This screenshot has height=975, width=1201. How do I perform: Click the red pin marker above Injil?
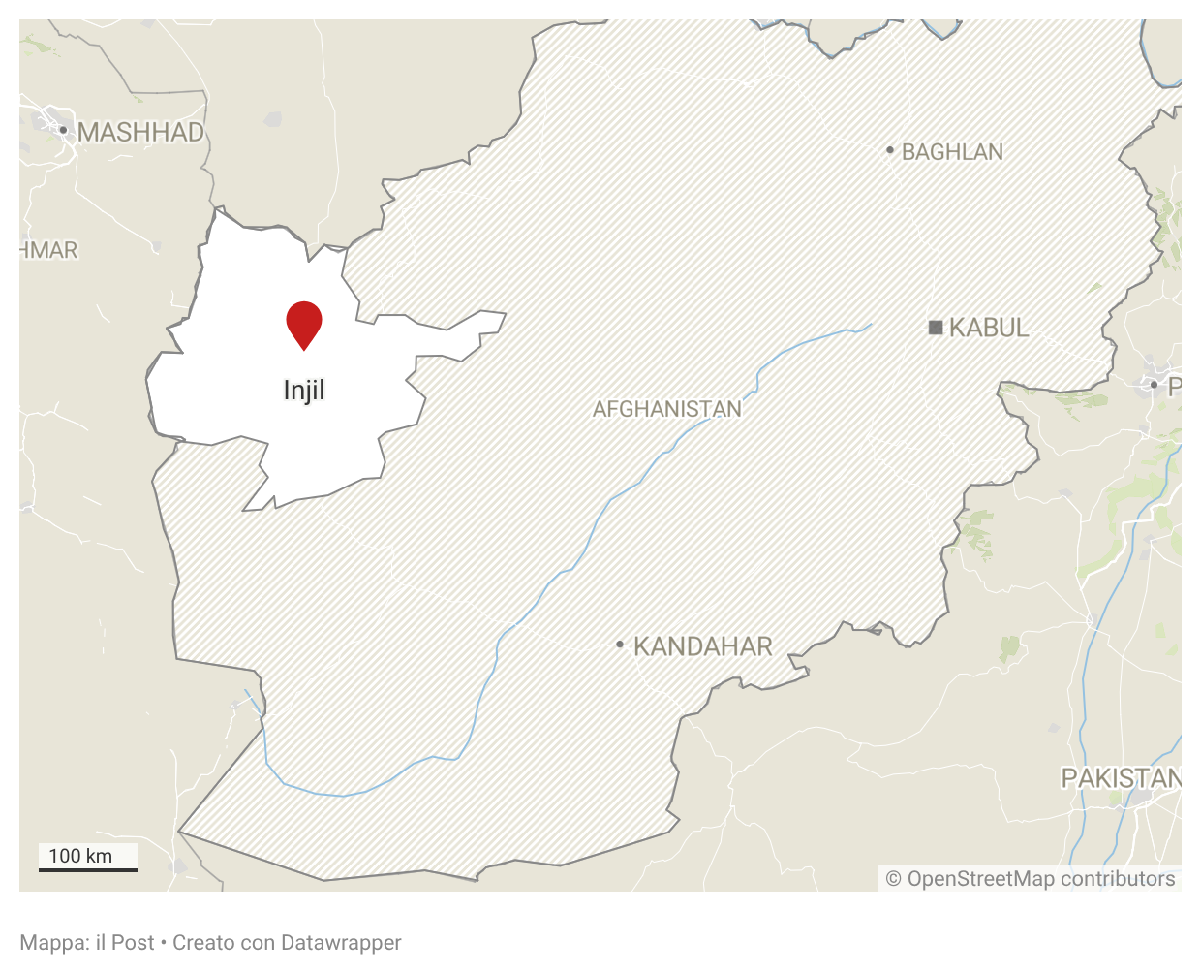[x=304, y=322]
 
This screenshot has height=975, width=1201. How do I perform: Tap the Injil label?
[x=304, y=391]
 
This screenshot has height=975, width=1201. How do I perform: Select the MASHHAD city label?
[x=141, y=133]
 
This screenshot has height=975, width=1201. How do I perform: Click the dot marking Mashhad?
[x=63, y=130]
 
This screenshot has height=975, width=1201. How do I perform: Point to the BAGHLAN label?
[x=952, y=152]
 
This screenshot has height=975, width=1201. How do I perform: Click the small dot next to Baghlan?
[x=890, y=150]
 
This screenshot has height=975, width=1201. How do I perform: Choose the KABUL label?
[x=988, y=328]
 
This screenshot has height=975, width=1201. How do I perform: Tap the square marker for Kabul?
[x=936, y=328]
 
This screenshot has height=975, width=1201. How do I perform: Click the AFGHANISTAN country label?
[x=666, y=409]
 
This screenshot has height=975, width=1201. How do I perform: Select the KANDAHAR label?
[x=702, y=646]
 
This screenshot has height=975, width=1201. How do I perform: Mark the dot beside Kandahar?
[x=620, y=645]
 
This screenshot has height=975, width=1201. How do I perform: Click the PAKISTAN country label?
[x=1121, y=778]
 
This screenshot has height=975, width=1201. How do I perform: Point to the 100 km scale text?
[x=80, y=856]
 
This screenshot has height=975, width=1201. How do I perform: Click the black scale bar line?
[x=88, y=869]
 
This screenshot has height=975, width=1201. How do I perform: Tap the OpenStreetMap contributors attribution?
[x=1031, y=879]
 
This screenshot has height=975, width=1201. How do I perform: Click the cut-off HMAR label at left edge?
[x=48, y=250]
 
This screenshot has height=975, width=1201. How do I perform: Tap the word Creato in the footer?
[x=202, y=943]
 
